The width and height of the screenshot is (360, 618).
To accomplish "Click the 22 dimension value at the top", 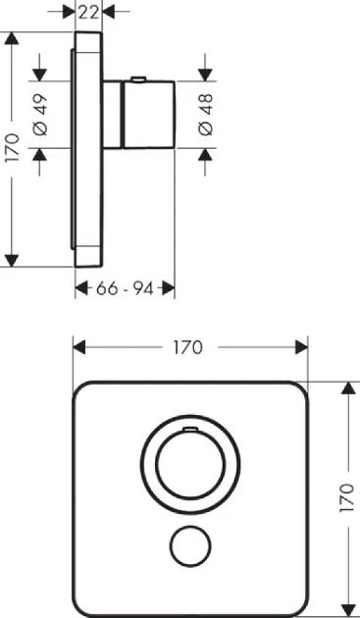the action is tap(88, 12).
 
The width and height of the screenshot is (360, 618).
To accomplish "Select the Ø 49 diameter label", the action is tap(40, 115).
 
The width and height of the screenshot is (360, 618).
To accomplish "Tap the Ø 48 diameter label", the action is tap(206, 115).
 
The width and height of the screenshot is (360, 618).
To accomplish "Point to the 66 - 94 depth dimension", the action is tap(125, 289).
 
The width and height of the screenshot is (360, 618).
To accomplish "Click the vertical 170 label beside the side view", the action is tap(12, 148).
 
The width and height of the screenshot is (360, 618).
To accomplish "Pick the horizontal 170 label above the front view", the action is tap(187, 347).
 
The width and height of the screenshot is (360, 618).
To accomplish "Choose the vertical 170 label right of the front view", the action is tap(346, 497).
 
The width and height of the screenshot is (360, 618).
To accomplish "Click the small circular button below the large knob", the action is tap(190, 546).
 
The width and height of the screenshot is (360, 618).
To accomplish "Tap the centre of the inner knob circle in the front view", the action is tap(191, 464).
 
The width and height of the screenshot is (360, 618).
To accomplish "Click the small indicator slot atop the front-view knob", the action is tap(191, 428).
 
